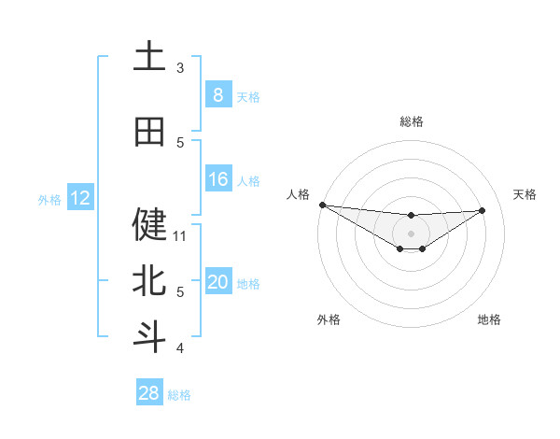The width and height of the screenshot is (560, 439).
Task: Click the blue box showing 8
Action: coord(217,95)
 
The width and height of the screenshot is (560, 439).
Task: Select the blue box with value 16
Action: coord(217,179)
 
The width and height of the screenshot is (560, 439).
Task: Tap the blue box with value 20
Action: coord(217,283)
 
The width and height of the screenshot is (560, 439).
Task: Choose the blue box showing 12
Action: coord(79,198)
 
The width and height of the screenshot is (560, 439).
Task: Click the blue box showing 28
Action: coord(148,393)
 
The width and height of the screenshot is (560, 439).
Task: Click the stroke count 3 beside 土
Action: coord(180,67)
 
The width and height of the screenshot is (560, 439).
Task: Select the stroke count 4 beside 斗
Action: coord(180,348)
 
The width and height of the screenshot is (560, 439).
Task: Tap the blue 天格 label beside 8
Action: coord(248,96)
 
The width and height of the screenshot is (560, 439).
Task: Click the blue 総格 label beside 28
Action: coord(179,395)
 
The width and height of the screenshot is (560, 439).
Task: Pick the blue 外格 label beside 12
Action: coord(49,199)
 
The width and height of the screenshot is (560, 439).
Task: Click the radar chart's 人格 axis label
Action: coord(298,193)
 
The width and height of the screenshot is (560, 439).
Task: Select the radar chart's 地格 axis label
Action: coord(489,319)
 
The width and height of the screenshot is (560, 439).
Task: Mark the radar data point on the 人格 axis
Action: coord(322,205)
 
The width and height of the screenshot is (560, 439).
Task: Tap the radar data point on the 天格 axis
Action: coord(482,210)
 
